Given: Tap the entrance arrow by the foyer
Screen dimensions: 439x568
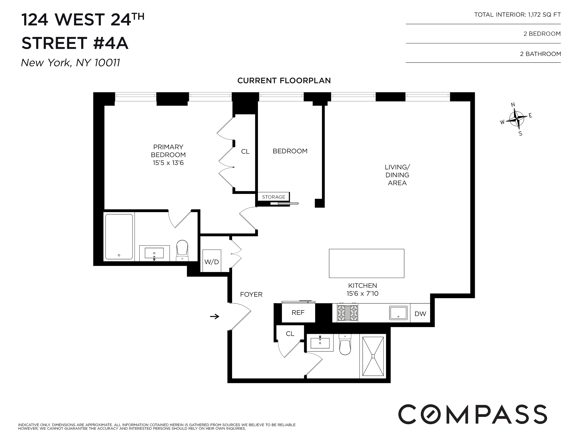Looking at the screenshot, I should point(215,316).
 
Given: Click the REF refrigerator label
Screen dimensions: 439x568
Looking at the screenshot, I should point(298,313).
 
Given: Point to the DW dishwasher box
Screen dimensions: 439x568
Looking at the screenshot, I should point(420,314).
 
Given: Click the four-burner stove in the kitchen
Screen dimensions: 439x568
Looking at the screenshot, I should point(347,313).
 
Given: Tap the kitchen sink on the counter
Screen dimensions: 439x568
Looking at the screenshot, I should point(398,313).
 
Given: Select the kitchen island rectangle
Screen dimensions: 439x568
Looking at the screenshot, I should point(366,263).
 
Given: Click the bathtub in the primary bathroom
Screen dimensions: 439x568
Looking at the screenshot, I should point(119,236).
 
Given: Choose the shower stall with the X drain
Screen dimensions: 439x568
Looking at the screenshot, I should point(373,356).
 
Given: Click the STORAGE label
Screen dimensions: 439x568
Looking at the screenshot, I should point(274,197).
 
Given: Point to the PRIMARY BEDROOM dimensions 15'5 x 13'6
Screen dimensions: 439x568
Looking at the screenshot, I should point(168,163).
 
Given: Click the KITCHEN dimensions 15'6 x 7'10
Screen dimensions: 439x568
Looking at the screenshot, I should point(362,293).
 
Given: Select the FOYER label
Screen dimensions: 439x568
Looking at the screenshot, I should point(251,294).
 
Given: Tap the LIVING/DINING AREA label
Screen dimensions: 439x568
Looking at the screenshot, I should point(397,175).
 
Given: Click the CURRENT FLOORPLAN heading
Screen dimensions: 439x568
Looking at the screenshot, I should point(284,80).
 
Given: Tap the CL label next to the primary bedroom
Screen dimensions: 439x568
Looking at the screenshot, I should point(245,151).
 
